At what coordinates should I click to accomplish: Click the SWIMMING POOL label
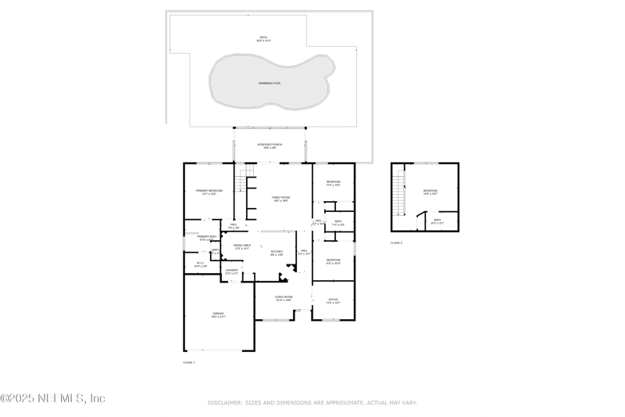coord(270,83)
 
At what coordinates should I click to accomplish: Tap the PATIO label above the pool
coord(263,38)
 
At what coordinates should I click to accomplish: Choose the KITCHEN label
coord(277,253)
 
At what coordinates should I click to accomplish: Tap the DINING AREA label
coord(241,246)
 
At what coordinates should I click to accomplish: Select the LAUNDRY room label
coord(231,271)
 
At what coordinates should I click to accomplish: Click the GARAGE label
coord(217,315)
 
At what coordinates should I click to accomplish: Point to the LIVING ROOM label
coord(283,298)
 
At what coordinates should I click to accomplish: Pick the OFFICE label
coord(333,300)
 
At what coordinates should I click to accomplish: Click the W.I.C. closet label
coord(200,264)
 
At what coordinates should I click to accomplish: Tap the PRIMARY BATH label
coord(206,237)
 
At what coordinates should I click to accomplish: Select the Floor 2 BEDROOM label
coord(430,192)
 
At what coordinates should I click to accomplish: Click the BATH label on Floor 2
coord(437,221)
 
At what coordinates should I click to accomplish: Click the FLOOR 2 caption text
coord(397,243)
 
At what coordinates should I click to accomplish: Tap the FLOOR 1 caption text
coord(189,363)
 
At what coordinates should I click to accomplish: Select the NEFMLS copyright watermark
coord(53,398)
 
